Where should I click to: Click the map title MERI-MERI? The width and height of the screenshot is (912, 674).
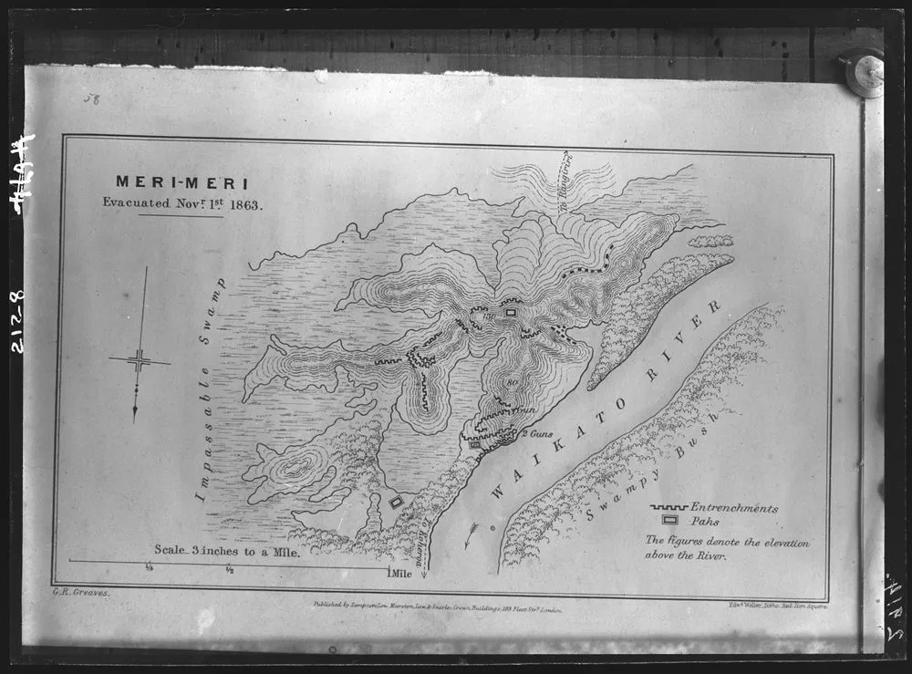(181, 183)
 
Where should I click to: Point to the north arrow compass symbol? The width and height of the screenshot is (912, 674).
(140, 359)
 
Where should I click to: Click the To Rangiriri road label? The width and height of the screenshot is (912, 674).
(563, 182)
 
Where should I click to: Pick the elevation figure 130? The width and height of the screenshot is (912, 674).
(489, 316)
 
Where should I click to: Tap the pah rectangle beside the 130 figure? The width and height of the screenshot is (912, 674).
(511, 312)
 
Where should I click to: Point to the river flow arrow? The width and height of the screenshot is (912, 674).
(471, 534)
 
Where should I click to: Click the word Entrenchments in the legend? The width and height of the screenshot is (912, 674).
(734, 508)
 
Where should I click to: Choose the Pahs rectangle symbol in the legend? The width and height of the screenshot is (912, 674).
(670, 521)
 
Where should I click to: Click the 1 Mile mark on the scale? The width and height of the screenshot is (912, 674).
(399, 574)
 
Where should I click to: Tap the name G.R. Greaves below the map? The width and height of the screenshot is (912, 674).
(75, 593)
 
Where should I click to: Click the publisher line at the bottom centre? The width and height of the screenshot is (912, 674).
(437, 605)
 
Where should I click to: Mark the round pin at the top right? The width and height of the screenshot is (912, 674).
(863, 74)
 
